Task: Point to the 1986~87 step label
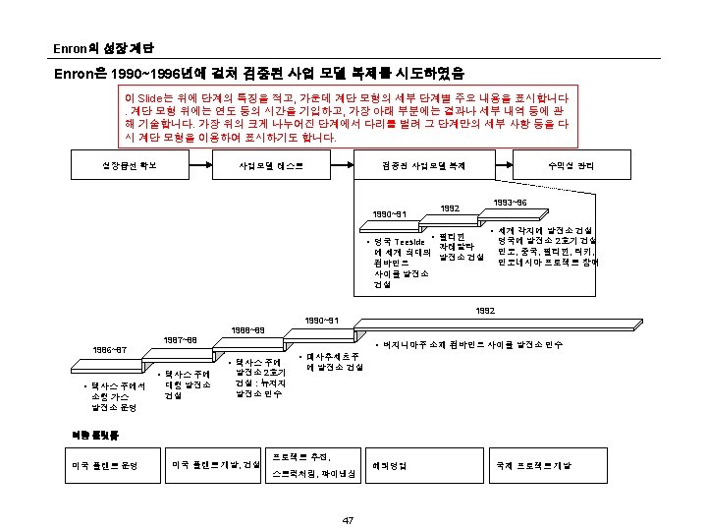coord(110,349)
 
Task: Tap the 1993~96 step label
coord(512,202)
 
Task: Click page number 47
coord(348,520)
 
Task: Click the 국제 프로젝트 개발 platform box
coord(535,464)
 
